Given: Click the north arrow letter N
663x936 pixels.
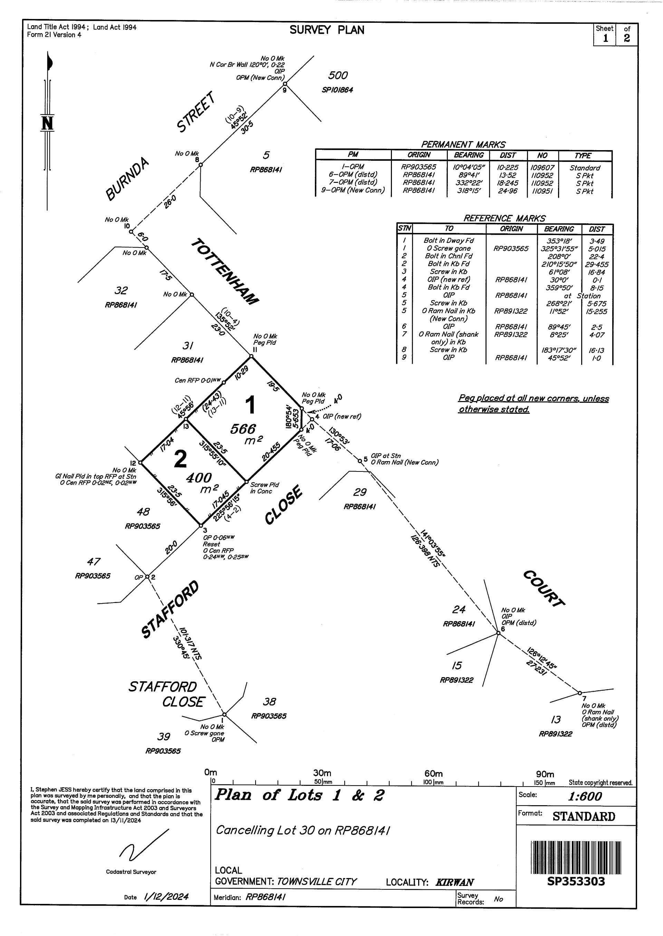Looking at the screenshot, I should (47, 123).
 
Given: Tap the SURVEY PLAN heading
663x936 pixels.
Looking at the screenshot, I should (327, 30).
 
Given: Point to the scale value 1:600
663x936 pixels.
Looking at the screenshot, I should (585, 796).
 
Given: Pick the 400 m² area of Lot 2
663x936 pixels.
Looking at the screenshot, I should (199, 478).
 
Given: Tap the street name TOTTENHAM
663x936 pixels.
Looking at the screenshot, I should (225, 271).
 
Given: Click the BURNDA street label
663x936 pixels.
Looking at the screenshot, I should (127, 180).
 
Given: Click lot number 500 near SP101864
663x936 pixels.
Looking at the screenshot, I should (338, 76).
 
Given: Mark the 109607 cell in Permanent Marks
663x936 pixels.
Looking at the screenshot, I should (542, 168).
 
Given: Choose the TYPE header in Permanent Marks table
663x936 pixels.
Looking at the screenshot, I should (583, 155).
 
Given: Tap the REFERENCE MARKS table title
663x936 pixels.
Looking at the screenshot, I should (504, 218).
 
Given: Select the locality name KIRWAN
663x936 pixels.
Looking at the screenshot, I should (454, 882).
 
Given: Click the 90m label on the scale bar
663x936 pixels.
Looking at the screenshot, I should (545, 774).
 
